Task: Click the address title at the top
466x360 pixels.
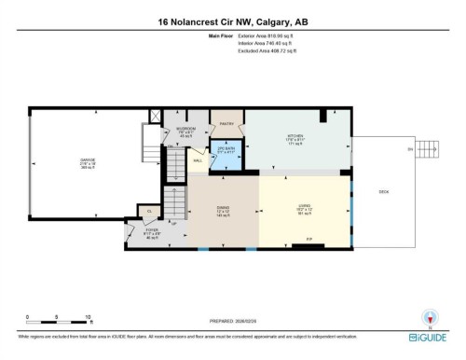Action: click(x=232, y=21)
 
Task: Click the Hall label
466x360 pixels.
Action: click(x=198, y=161)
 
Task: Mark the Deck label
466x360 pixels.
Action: click(x=383, y=192)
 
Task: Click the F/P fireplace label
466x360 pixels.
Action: click(x=308, y=241)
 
